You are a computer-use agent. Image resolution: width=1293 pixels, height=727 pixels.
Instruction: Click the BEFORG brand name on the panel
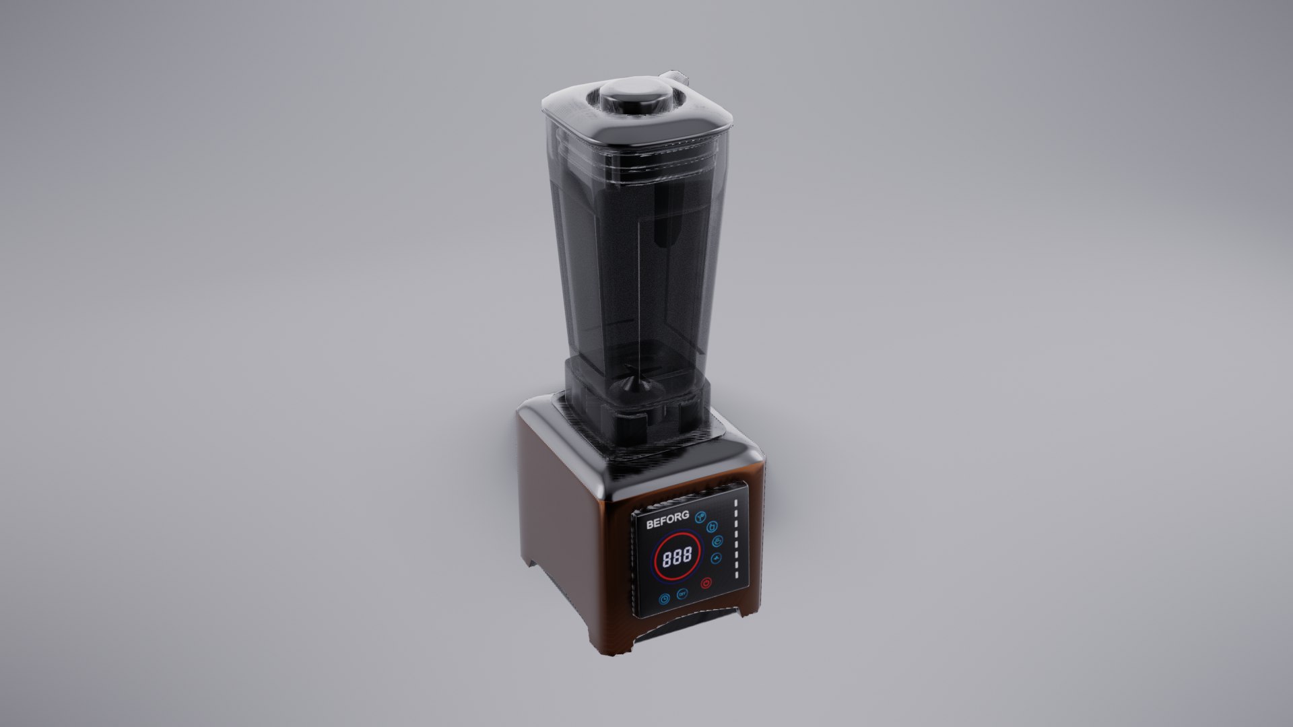click(668, 520)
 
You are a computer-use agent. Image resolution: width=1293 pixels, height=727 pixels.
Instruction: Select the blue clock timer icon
click(664, 598)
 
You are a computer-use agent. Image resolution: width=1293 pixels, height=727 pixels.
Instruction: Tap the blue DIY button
click(682, 594)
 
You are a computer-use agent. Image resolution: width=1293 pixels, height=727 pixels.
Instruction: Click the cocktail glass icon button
click(700, 517)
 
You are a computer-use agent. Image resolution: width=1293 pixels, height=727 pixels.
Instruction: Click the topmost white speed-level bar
click(736, 503)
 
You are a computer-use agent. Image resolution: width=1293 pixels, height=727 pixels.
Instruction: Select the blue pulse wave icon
click(716, 558)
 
